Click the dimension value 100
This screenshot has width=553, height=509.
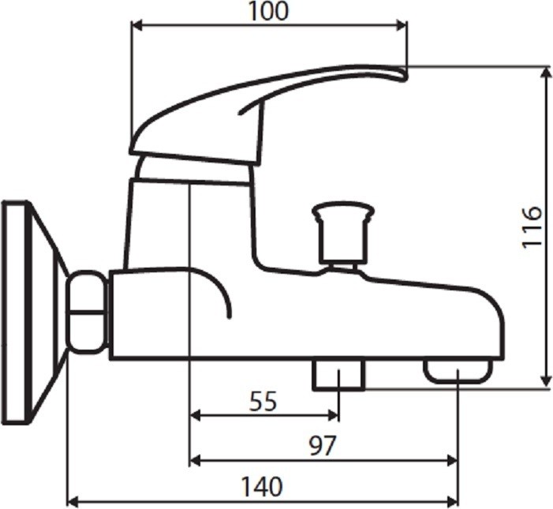(269, 11)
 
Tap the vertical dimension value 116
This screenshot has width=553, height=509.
(532, 227)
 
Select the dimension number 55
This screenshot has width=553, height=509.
(263, 402)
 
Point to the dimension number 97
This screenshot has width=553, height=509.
(323, 446)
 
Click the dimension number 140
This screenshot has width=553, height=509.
(262, 486)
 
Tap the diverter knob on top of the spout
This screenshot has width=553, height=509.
(343, 233)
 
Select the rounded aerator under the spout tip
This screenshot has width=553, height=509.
(458, 372)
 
